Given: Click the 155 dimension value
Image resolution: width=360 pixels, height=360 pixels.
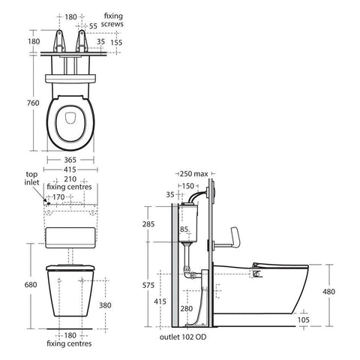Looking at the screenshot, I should coord(116,43).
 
